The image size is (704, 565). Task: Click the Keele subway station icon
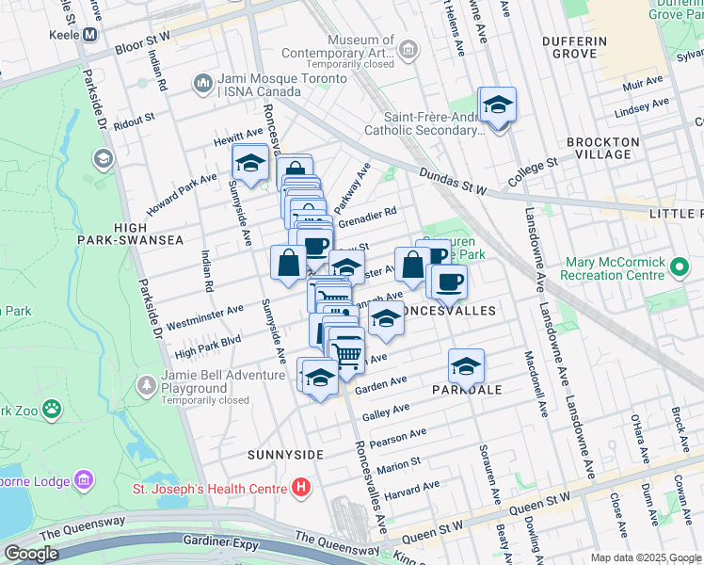pyautogui.click(x=90, y=35)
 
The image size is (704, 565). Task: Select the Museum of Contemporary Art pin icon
pyautogui.click(x=408, y=49)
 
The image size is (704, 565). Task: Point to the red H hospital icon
pyautogui.click(x=300, y=487)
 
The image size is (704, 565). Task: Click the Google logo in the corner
pyautogui.click(x=31, y=554)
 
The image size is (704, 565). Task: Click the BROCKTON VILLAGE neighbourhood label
pyautogui.click(x=603, y=148)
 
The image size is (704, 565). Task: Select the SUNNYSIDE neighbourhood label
pyautogui.click(x=285, y=455)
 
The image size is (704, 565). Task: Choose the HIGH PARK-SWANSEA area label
pyautogui.click(x=149, y=234)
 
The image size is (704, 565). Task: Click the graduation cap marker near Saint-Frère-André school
pyautogui.click(x=497, y=105)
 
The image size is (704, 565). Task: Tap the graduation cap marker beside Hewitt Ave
pyautogui.click(x=250, y=164)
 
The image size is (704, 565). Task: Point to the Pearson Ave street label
pyautogui.click(x=398, y=439)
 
